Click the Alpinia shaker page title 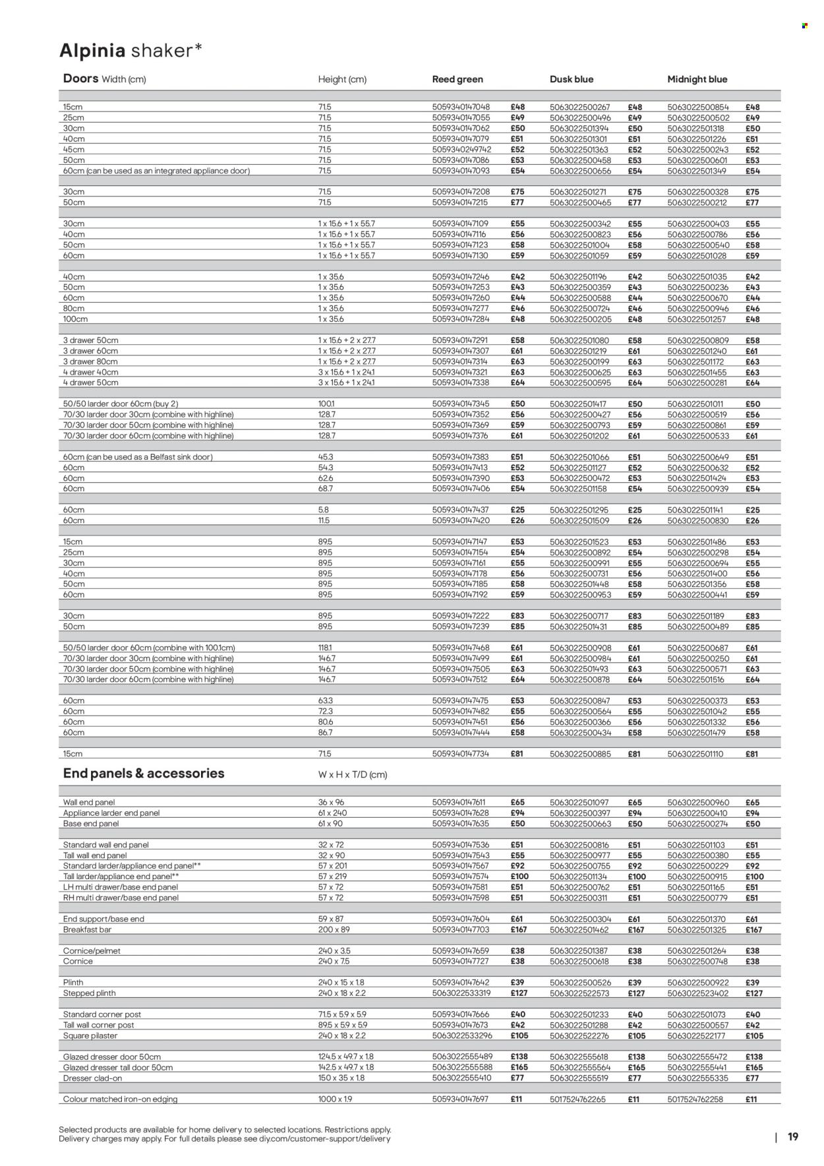131,51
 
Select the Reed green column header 457,79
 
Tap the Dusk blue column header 572,79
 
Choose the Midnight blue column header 697,79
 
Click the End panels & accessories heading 144,774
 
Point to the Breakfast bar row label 87,929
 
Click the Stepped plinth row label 89,993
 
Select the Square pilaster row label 90,1035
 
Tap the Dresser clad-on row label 92,1078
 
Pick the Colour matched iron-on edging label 120,1099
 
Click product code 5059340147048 461,107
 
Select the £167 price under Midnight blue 753,930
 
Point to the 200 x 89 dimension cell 333,929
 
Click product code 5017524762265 577,1099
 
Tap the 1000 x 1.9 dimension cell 336,1099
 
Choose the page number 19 793,1137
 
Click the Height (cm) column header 342,79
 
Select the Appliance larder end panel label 111,813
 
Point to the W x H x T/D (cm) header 353,775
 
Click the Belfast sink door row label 138,457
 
